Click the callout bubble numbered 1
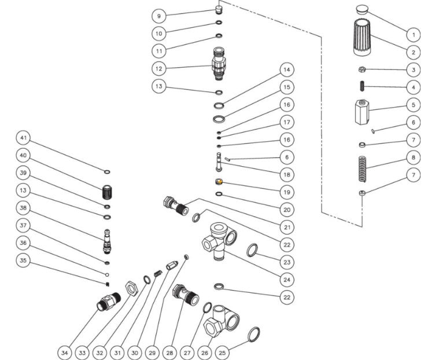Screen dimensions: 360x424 click(x=414, y=34)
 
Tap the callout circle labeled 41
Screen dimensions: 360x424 click(x=24, y=139)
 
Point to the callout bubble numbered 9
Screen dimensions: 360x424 click(x=159, y=16)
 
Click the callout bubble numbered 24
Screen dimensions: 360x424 click(x=286, y=279)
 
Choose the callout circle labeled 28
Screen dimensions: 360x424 click(x=170, y=351)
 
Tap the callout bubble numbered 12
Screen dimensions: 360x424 click(x=159, y=68)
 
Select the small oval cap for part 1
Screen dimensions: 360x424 click(x=363, y=9)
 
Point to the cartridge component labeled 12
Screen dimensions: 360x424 click(x=218, y=64)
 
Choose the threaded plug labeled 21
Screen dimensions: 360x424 click(x=176, y=206)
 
